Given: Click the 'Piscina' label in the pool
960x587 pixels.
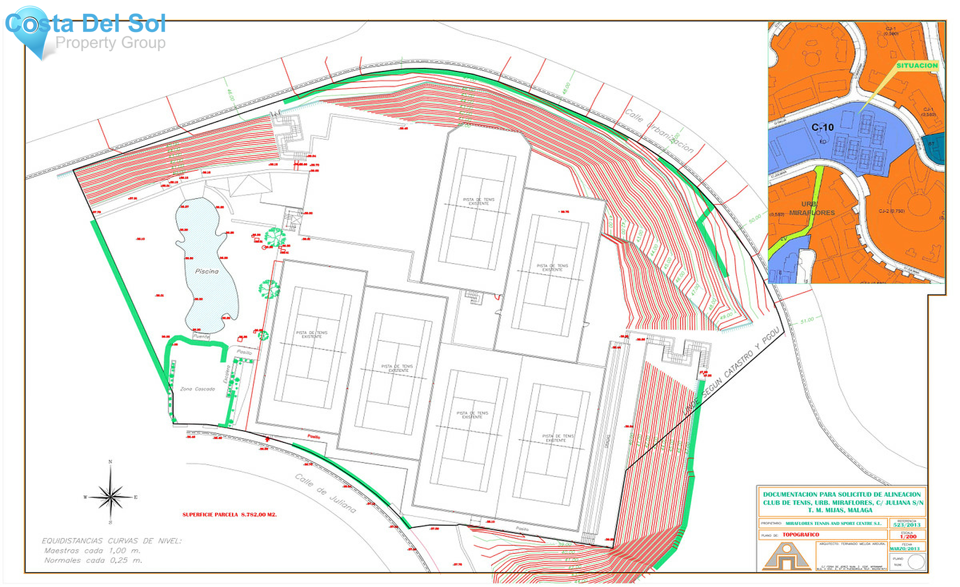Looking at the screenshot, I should point(206,271).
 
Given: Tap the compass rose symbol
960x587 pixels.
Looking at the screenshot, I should point(110,497).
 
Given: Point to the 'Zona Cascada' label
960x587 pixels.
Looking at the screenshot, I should point(197,389).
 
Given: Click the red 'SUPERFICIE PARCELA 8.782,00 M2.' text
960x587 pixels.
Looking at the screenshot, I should point(229,515).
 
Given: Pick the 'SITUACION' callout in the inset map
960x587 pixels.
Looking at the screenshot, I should point(917,66).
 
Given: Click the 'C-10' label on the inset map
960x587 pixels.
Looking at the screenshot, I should point(822,128).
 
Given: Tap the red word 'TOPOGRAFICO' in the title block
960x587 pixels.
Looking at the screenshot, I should point(801,535).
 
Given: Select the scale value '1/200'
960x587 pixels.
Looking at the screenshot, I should point(908,536).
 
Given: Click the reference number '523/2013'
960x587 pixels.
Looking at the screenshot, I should point(907,525).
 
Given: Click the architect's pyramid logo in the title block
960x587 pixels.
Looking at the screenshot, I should point(786,557).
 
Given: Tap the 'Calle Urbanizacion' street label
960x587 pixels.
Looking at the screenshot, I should point(659,131).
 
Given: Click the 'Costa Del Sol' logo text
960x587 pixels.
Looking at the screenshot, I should point(85,24).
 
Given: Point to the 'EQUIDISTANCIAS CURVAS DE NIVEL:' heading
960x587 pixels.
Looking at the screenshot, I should point(111,541).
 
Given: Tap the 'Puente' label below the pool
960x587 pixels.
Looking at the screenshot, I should point(201,337).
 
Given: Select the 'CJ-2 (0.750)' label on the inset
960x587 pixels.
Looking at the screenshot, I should point(892,211).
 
